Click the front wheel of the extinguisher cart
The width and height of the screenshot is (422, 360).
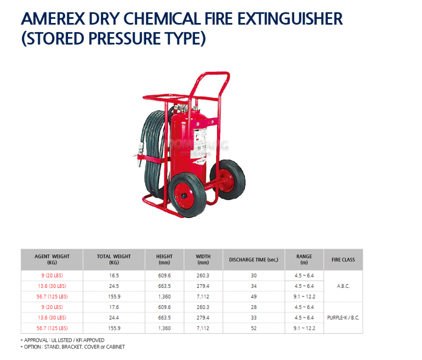pos(187,195)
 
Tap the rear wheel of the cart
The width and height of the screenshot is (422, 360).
pos(228,179)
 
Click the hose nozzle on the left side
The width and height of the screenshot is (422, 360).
pos(139,156)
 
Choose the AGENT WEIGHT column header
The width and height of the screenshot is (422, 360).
pos(52,259)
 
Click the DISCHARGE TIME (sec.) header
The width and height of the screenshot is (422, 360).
pos(254,260)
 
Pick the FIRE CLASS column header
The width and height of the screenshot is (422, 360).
pos(343,260)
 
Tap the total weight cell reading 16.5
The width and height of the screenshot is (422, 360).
pos(114,275)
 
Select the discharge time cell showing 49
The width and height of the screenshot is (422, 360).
pos(254,297)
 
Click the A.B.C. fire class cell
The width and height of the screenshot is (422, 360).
pos(343,286)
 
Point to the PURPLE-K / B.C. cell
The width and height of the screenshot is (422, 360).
pos(343,317)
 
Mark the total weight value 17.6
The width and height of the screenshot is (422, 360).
pos(114,307)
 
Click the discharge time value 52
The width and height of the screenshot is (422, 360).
pos(254,328)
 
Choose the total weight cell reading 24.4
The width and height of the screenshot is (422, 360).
pos(114,318)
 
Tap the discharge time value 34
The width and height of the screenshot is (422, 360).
pos(254,286)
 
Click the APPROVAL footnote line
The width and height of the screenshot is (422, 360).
pos(63,340)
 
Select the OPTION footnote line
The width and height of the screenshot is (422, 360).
pos(73,347)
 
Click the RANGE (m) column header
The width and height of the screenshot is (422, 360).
pos(304,259)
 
